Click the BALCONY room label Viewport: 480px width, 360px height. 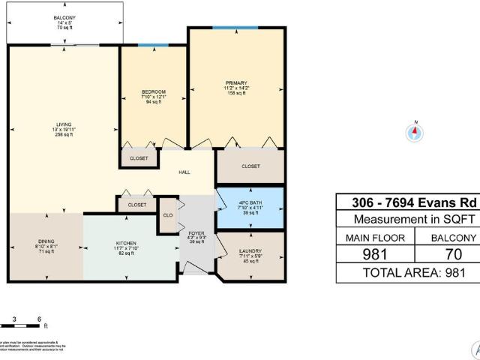[64, 16]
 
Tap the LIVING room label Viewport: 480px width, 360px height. [64, 125]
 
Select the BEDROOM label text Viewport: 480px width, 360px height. [153, 91]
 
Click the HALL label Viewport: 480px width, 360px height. [184, 172]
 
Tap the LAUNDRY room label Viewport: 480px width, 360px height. [250, 250]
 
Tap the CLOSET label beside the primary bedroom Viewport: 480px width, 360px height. [250, 166]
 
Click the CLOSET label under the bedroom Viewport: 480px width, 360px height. [139, 159]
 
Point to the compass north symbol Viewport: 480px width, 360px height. [413, 133]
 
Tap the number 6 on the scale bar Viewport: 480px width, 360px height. [38, 318]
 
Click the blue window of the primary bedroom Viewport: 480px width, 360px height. [235, 28]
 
